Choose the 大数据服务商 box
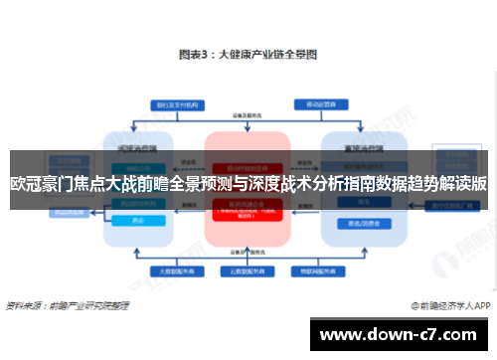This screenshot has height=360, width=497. click(173, 270)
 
